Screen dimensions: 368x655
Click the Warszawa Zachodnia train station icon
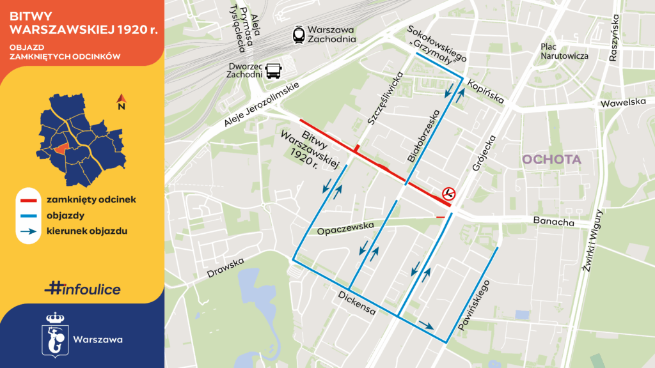pos(299,34)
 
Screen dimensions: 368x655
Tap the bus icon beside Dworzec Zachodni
pos(274,70)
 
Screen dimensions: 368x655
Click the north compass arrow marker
pos(120,100)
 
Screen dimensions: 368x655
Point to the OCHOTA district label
pos(551,160)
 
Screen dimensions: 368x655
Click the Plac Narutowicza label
pos(564,51)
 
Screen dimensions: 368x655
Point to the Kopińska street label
pos(485,91)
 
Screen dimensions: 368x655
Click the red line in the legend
pos(30,199)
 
